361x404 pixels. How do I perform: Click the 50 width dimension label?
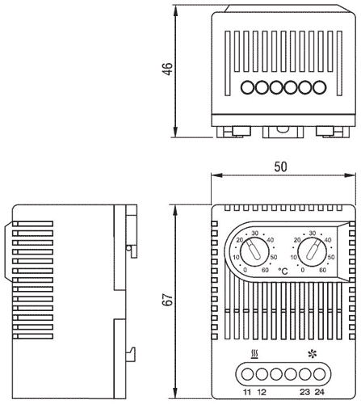(281, 166)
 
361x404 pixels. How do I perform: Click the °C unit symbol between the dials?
(283, 275)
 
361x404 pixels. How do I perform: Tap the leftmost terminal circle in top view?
(247, 86)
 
